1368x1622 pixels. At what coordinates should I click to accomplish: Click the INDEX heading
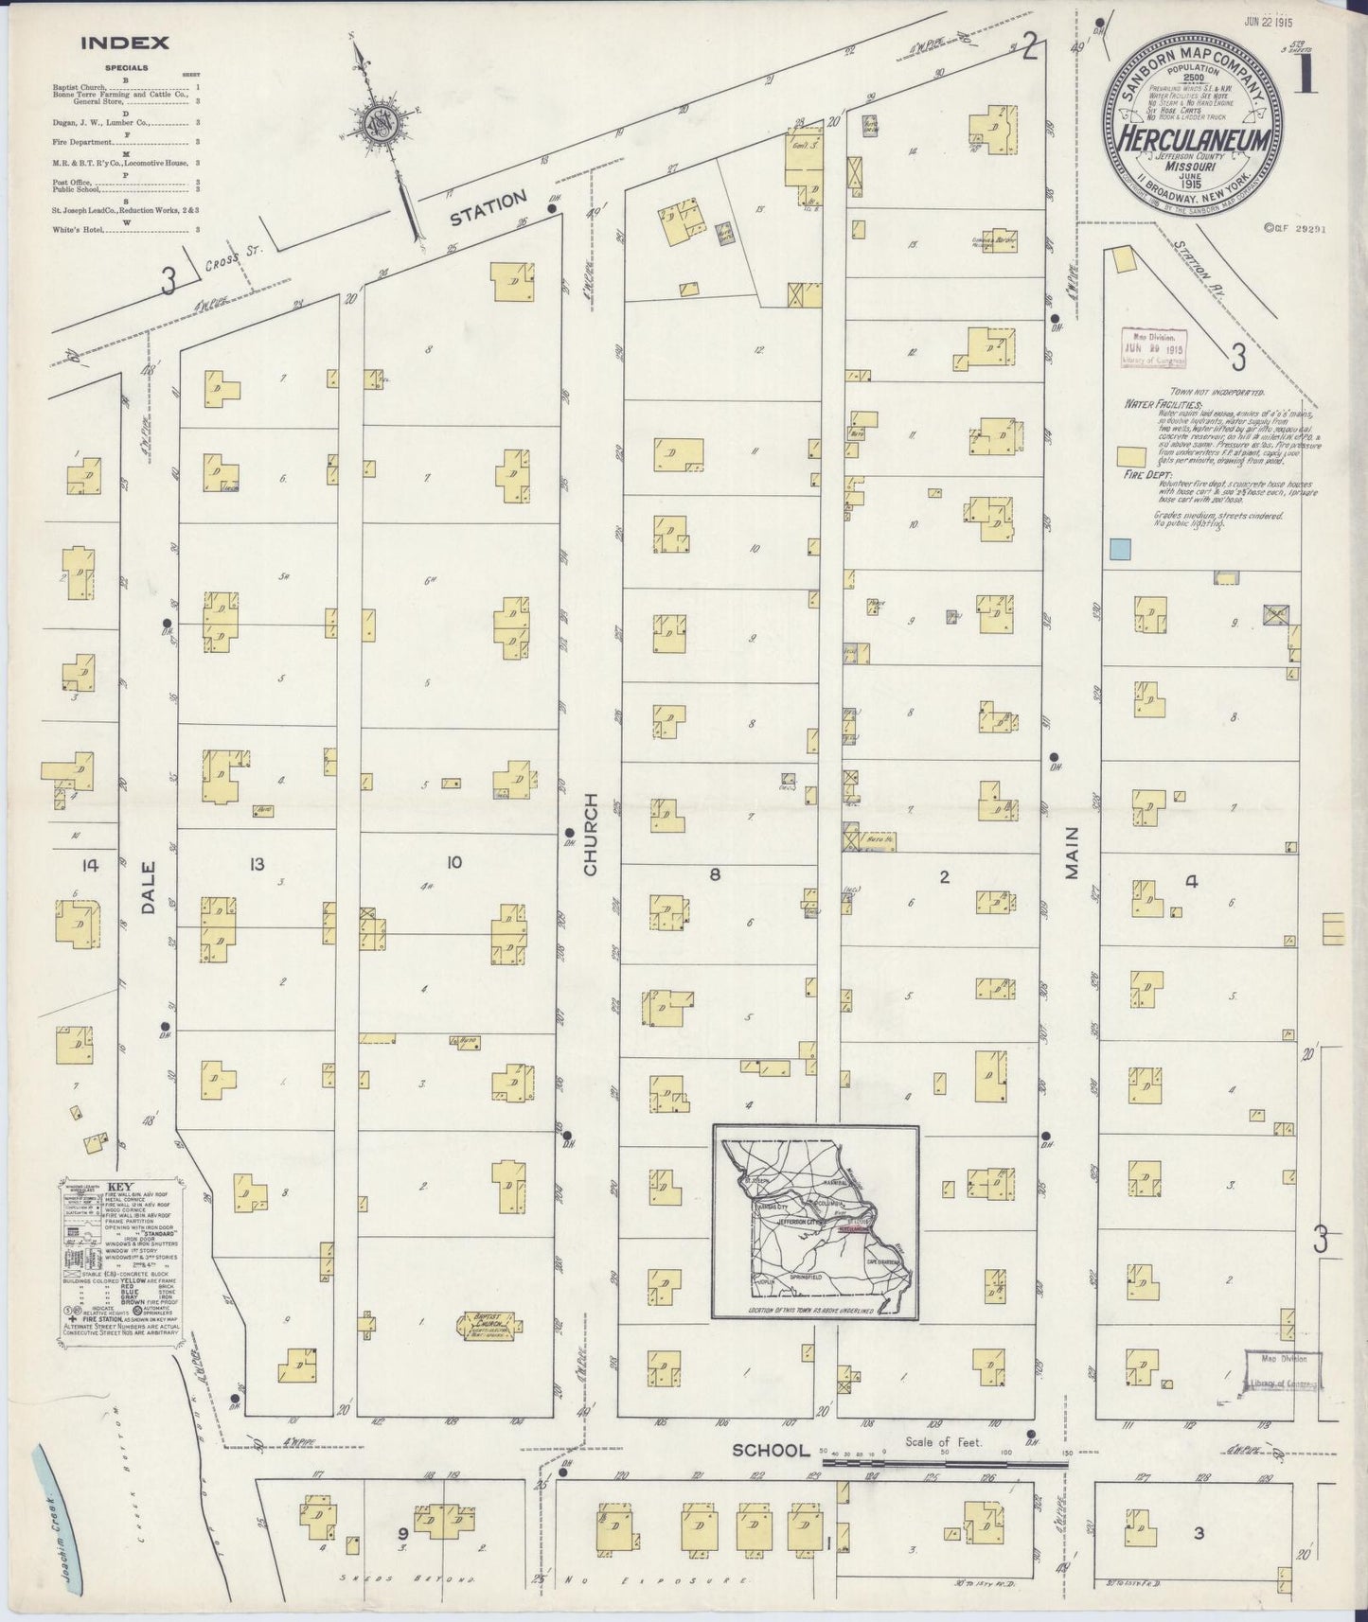point(125,43)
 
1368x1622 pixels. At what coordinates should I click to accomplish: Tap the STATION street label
point(488,207)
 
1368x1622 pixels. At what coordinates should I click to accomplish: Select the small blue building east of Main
point(1120,547)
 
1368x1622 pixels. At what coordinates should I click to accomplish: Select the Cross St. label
point(236,261)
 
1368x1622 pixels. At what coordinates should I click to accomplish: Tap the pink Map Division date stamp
point(1153,347)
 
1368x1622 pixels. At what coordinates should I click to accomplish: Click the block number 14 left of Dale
point(90,864)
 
